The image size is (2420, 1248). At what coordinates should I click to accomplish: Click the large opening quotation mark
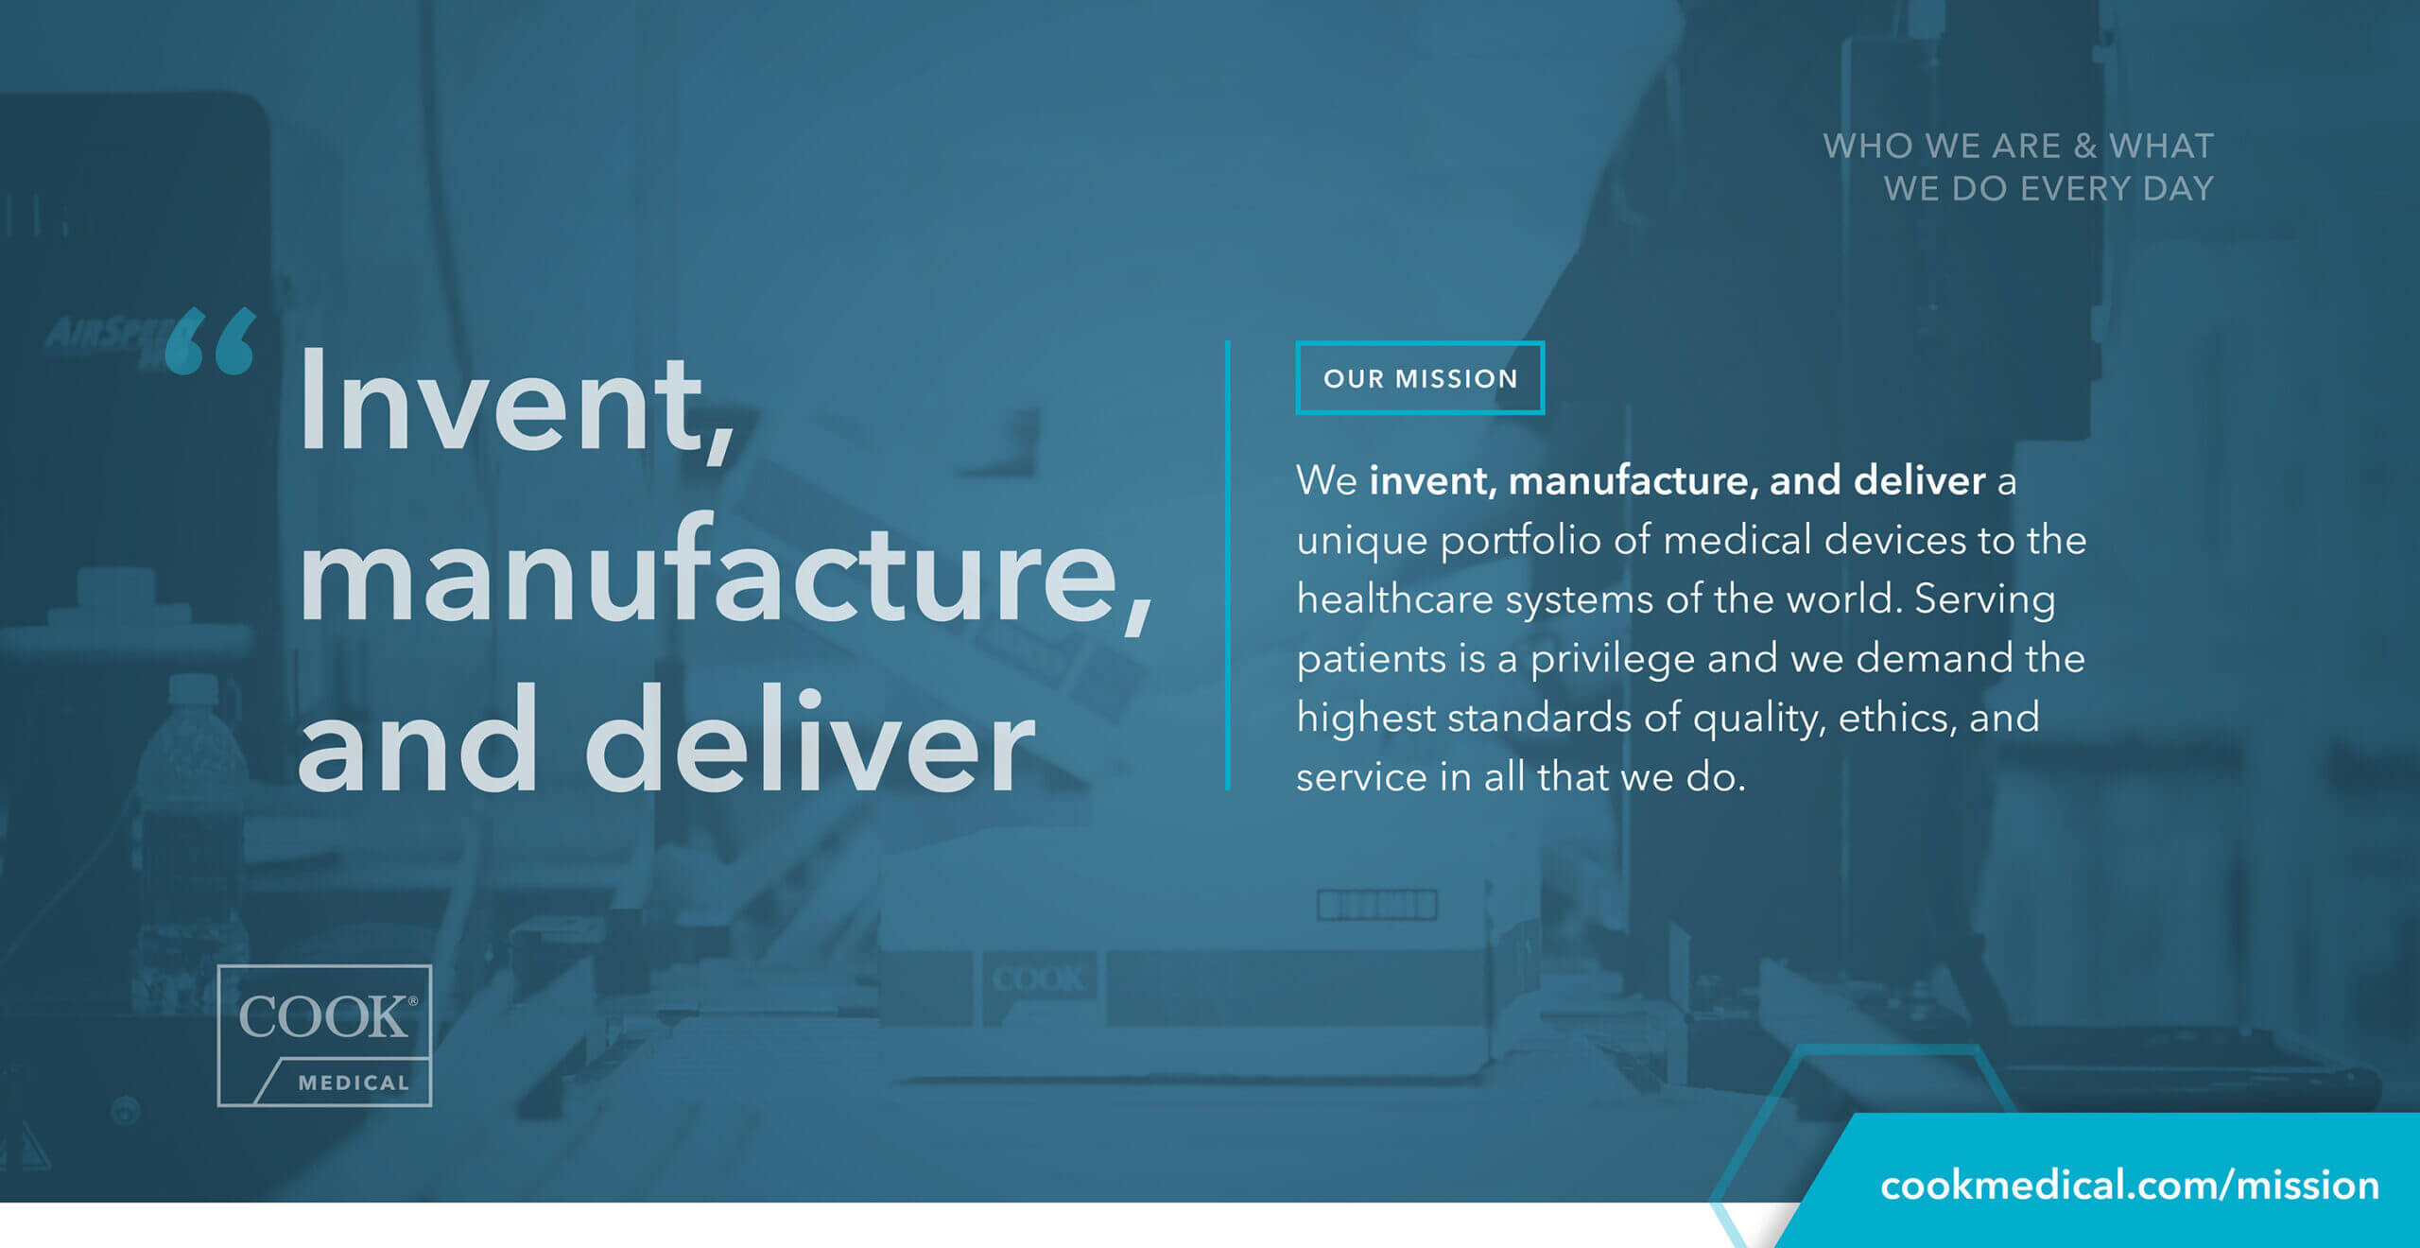pyautogui.click(x=210, y=340)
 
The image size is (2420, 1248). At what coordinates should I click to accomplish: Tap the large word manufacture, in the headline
pyautogui.click(x=726, y=573)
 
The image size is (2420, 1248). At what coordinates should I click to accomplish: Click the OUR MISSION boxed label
pyautogui.click(x=1420, y=378)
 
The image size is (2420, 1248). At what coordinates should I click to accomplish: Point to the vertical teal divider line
pyautogui.click(x=1227, y=564)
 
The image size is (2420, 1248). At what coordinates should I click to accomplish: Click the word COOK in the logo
pyautogui.click(x=322, y=1017)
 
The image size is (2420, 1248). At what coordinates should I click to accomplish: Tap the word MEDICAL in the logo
pyautogui.click(x=354, y=1083)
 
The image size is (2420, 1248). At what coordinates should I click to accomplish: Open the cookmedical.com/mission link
pyautogui.click(x=2129, y=1186)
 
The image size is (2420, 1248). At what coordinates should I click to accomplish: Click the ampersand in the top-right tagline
pyautogui.click(x=2084, y=147)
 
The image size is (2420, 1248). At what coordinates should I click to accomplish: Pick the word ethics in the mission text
pyautogui.click(x=1897, y=719)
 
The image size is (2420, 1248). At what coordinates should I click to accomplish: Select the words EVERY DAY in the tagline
pyautogui.click(x=2117, y=189)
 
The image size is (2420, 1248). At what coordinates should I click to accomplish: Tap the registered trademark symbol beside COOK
pyautogui.click(x=412, y=1000)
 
